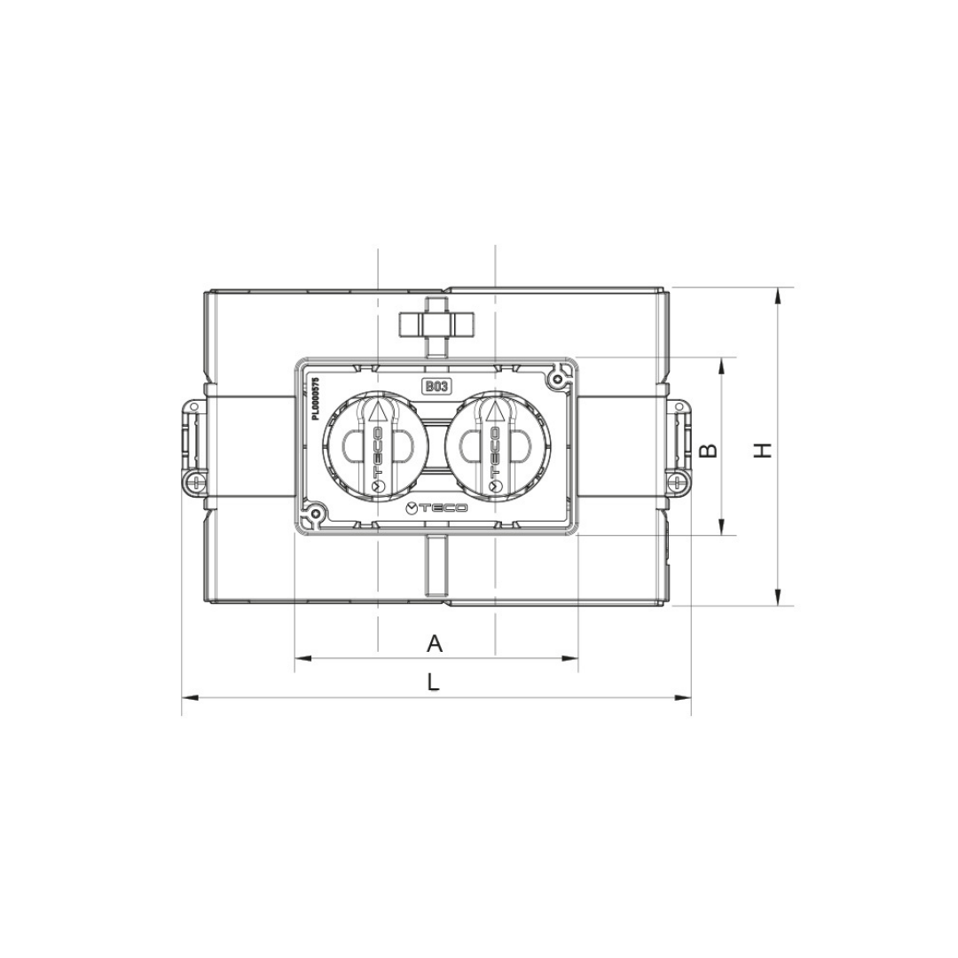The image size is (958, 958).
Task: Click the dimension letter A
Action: coord(434,643)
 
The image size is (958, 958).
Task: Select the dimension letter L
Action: coord(432,682)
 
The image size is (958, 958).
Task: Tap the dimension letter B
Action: coord(708,451)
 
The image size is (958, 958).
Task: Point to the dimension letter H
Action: coord(763,451)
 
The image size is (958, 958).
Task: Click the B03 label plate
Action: coord(436,386)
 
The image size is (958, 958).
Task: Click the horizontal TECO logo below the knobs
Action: coord(436,507)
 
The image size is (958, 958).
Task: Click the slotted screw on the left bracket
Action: coord(195,482)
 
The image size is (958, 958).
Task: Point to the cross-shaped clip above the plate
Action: coord(436,323)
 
